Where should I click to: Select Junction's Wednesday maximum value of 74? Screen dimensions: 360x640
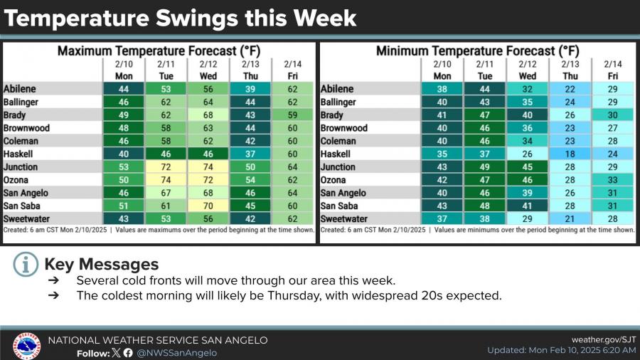point(208,167)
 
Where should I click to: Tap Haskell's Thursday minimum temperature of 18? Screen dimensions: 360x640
point(570,154)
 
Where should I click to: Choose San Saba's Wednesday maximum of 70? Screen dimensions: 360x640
point(208,206)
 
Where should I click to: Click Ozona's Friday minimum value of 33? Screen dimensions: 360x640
point(613,180)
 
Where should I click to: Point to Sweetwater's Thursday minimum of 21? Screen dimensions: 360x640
point(570,219)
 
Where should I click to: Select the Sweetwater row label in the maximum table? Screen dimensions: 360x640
point(27,219)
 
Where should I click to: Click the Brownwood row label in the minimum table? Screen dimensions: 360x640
point(344,128)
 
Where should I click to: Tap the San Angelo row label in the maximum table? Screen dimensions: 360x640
point(27,193)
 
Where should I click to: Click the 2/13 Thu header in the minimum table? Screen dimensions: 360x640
point(570,70)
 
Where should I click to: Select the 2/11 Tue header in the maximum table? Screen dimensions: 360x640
point(166,70)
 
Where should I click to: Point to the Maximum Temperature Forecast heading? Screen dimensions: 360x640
point(159,51)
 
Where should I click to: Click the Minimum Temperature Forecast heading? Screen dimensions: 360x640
point(477,51)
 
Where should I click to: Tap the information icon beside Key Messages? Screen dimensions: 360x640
point(25,265)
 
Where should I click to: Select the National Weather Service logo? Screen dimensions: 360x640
point(27,346)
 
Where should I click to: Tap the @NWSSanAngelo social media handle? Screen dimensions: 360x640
point(177,353)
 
